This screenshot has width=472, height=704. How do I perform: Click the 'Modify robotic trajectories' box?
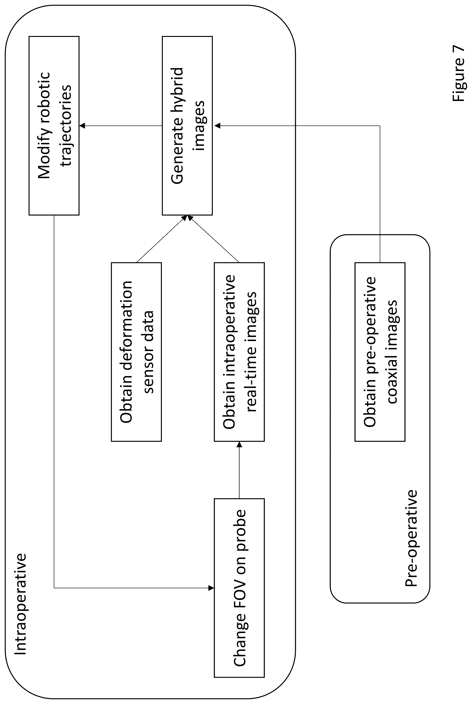click(x=54, y=126)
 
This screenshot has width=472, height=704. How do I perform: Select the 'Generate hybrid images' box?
click(x=187, y=126)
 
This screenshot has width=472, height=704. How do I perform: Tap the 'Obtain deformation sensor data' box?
click(x=136, y=352)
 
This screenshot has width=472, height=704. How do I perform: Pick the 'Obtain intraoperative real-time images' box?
click(x=239, y=352)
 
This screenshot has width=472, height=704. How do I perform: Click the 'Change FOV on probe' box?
click(x=239, y=588)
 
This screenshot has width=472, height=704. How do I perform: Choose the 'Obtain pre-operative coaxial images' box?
click(x=380, y=352)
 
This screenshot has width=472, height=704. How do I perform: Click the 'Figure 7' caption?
click(x=458, y=73)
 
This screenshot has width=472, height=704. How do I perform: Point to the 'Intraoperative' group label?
click(x=20, y=604)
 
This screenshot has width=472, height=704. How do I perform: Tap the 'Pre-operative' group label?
click(x=411, y=538)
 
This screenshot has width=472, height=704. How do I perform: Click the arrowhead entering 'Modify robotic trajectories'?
click(x=82, y=126)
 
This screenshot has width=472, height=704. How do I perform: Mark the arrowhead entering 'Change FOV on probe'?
click(x=211, y=588)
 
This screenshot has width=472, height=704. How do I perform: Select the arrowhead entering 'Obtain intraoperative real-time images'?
click(x=239, y=444)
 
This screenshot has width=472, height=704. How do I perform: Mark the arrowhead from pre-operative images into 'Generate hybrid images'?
click(x=217, y=126)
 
